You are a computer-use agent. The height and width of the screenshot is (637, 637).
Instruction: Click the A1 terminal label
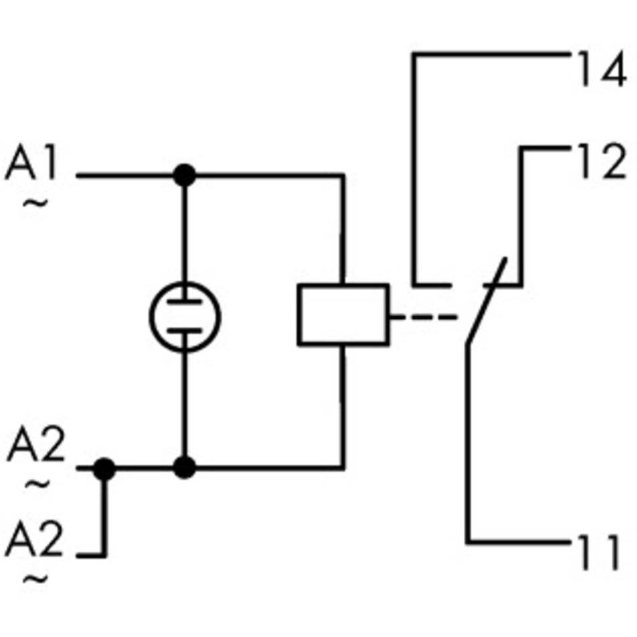coord(31,161)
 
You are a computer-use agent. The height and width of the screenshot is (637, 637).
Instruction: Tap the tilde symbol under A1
coord(35,203)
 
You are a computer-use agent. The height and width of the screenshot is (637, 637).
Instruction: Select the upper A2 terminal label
coord(35,443)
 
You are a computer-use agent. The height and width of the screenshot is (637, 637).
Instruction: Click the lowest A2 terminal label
coord(34,538)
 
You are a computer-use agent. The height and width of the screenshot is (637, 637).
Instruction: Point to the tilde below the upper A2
coord(38,483)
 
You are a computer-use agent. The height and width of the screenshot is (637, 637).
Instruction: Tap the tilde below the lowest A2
coord(35,579)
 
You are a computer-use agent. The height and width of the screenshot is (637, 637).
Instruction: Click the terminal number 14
coord(603,69)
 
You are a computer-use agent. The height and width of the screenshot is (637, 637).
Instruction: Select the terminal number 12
coord(602,161)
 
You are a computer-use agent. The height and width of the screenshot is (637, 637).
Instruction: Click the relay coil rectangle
coord(344,315)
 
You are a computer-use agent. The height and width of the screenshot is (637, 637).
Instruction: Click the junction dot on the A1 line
coord(184,176)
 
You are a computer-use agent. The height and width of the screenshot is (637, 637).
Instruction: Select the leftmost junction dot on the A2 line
coord(104,469)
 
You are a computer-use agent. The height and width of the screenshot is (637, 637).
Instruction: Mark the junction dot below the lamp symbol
coord(184,468)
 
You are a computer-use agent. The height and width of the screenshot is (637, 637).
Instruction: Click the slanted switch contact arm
coord(487,301)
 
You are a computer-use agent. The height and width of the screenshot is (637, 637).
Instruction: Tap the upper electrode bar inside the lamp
coord(185,302)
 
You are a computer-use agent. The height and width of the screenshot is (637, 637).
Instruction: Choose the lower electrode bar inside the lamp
coord(185,331)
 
